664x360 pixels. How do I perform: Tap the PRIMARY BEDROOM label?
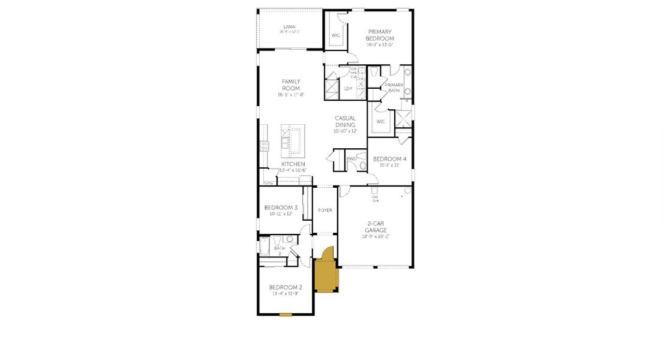380,35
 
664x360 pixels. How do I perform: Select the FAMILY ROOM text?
291,85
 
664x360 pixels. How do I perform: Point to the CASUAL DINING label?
345,122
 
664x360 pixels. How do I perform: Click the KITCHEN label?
293,164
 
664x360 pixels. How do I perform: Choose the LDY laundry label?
348,89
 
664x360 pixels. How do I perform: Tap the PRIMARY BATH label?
394,88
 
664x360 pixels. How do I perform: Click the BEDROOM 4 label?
389,159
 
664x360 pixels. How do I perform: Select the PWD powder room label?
351,159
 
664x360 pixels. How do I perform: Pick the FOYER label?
325,210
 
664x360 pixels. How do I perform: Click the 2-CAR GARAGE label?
377,226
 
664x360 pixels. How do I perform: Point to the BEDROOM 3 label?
281,208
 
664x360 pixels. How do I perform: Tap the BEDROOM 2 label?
286,287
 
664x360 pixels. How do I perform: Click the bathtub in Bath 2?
265,247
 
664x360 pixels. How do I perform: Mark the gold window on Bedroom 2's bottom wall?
286,314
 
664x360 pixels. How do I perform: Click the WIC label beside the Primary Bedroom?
336,35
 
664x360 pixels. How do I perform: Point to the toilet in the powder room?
361,163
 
